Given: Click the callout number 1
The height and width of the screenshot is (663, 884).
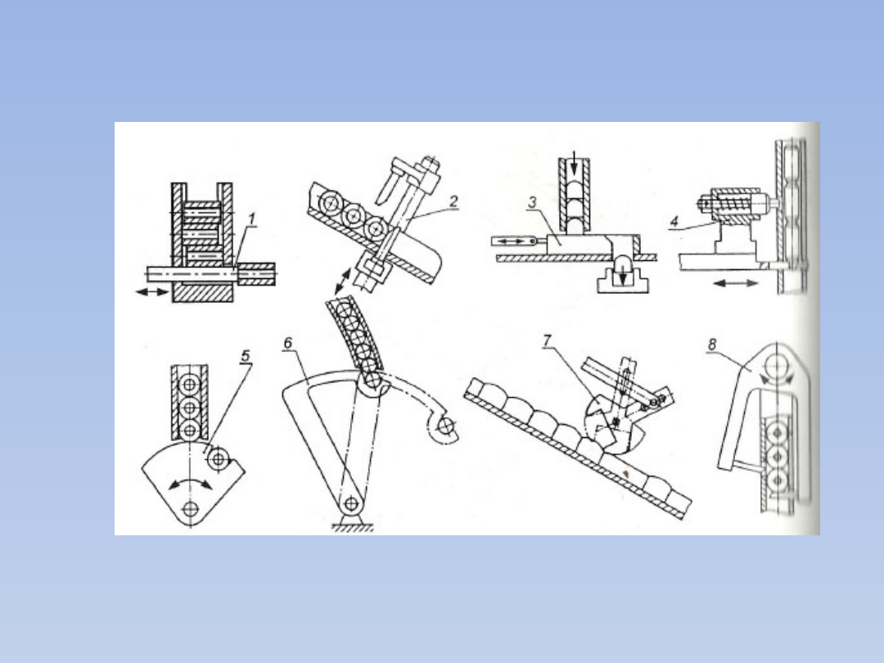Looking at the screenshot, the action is click(251, 219).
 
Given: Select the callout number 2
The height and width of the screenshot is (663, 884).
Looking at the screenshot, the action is click(453, 201).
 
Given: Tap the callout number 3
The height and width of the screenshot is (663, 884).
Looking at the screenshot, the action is click(532, 202).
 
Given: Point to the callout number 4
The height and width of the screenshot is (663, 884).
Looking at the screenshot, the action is click(674, 222).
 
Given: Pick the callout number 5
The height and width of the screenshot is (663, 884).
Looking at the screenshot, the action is click(246, 356).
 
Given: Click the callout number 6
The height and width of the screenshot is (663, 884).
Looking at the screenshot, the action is click(288, 343).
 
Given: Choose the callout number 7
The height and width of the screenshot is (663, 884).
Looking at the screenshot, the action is click(547, 341).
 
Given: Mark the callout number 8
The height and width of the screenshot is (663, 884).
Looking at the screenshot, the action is click(712, 344).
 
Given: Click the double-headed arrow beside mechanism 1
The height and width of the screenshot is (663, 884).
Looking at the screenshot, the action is click(152, 291).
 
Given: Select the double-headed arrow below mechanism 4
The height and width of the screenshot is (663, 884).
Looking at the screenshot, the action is click(736, 283).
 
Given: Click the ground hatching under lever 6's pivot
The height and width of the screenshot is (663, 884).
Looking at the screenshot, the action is click(352, 527).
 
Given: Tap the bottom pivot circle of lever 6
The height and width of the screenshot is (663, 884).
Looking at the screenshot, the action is click(351, 503).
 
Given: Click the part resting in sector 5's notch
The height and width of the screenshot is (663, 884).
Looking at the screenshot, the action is click(219, 459).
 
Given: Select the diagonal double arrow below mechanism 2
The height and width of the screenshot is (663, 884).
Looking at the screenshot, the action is click(342, 282).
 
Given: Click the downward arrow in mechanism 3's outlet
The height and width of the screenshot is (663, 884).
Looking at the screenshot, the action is click(622, 273).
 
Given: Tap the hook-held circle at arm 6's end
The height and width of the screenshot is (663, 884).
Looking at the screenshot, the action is click(447, 426).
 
